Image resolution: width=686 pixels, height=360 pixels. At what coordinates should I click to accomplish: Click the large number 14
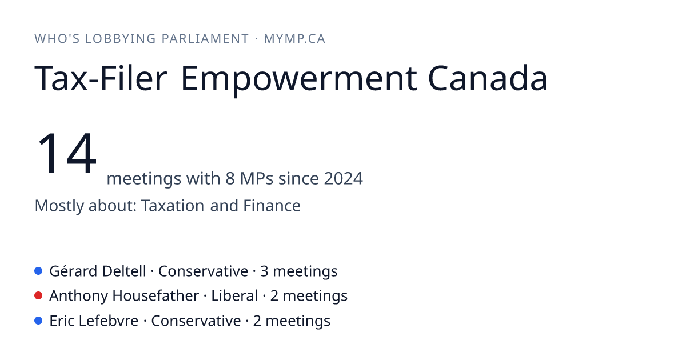(67, 153)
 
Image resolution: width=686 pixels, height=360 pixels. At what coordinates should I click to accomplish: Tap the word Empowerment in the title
(298, 79)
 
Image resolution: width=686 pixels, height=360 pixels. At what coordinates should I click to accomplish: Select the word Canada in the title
(488, 78)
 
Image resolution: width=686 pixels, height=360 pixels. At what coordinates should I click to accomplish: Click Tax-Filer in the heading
(101, 78)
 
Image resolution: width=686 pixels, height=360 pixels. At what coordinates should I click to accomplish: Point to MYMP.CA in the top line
(294, 39)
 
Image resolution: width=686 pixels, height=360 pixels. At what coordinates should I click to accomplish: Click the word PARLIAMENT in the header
(205, 39)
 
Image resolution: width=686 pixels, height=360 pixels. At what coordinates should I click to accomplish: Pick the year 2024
(344, 178)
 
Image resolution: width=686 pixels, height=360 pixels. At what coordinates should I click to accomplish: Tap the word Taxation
(173, 205)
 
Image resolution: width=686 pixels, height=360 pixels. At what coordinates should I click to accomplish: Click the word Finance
(272, 205)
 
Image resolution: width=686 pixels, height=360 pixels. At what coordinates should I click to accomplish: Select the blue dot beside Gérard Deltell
(38, 271)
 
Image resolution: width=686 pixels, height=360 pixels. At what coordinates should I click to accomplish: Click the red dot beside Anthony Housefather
(38, 296)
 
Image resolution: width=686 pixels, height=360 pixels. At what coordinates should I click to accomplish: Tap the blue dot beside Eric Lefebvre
(38, 321)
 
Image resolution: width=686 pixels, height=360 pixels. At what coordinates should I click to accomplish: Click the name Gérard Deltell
(98, 271)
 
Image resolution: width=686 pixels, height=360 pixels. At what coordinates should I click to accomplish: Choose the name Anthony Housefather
(124, 296)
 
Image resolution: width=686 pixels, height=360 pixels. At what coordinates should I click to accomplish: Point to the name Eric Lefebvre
(94, 321)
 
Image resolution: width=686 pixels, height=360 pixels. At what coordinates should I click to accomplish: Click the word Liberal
(234, 296)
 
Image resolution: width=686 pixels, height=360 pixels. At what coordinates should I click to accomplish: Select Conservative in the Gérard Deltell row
(203, 271)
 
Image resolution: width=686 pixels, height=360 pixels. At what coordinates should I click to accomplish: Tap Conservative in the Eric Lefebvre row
(196, 321)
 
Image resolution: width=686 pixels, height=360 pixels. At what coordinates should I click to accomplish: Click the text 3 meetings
(299, 271)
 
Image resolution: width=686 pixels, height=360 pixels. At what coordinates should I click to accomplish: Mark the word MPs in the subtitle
(257, 178)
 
